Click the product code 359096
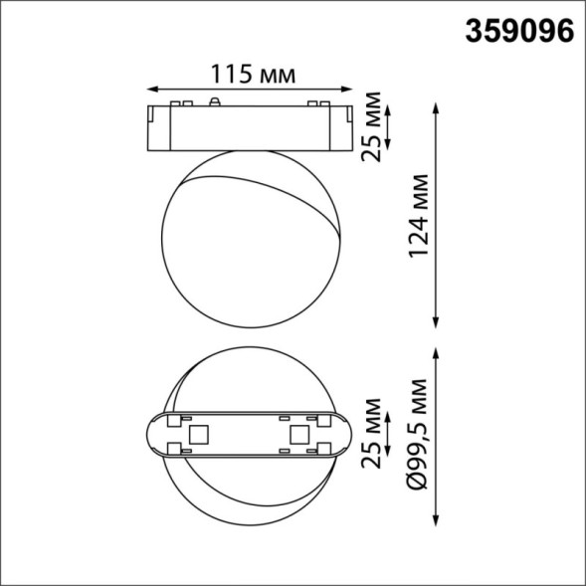point(520,30)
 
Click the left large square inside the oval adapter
point(197,435)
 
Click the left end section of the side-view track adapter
point(157,125)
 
